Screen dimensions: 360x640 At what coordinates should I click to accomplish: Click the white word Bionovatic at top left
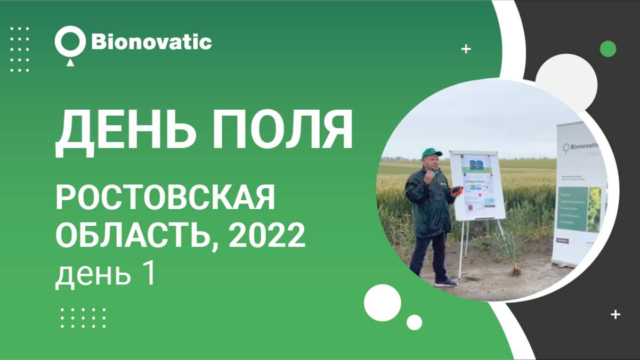coord(151,42)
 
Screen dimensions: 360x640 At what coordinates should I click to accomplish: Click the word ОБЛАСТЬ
coord(136,235)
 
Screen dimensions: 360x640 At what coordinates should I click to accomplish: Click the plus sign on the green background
coord(466,50)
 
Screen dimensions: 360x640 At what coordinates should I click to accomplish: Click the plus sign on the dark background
coord(615,314)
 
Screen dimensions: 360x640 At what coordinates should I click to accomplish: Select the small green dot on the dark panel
coord(608,49)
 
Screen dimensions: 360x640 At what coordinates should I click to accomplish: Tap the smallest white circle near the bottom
coord(414,322)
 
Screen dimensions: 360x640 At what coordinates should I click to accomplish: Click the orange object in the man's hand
coord(457,190)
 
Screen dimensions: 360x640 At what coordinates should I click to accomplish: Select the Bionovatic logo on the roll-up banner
coord(581,147)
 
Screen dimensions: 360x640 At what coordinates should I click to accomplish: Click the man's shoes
coord(445,283)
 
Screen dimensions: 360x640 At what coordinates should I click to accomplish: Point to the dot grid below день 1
coord(83,317)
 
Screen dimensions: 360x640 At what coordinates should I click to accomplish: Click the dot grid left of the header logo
coord(20,49)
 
